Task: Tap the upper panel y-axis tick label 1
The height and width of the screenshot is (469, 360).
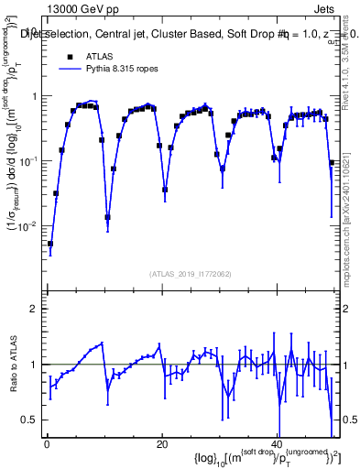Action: [x=36, y=96]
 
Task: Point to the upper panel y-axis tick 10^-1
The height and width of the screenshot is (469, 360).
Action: [x=30, y=161]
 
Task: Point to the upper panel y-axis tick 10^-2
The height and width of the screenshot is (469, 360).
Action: [x=30, y=225]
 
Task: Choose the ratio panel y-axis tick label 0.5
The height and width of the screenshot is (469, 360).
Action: [x=32, y=420]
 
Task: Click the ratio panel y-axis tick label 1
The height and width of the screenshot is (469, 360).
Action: [x=36, y=365]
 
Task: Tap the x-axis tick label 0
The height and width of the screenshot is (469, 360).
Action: [x=46, y=444]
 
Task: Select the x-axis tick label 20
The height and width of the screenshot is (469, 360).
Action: [x=161, y=444]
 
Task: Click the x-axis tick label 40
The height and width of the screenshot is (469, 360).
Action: [x=277, y=444]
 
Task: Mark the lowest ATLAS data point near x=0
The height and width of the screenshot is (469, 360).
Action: [x=50, y=244]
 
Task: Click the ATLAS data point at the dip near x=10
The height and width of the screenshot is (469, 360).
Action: [x=108, y=217]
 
